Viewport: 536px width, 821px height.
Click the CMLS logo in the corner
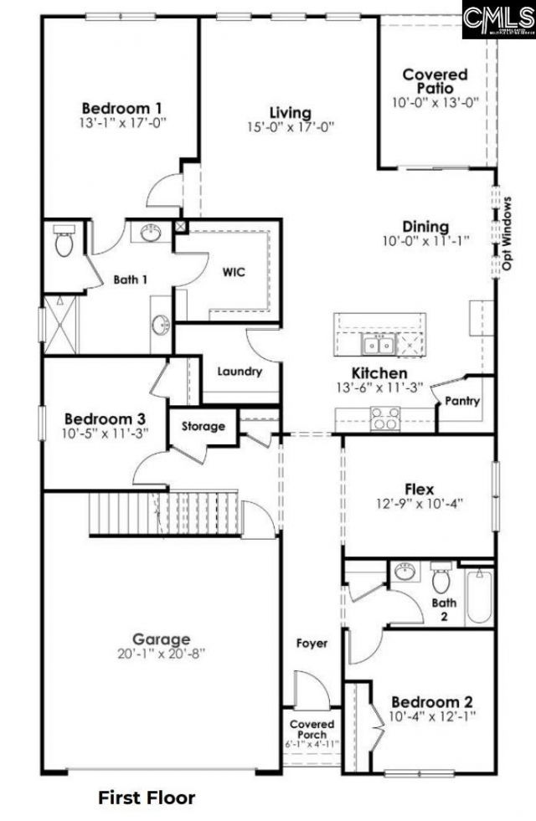point(497,19)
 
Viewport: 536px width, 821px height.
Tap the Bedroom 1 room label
point(122,108)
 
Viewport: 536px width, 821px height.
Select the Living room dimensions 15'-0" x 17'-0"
point(291,127)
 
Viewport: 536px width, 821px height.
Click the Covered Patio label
point(435,81)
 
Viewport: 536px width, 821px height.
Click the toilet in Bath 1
point(64,243)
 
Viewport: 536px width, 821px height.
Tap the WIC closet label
point(234,272)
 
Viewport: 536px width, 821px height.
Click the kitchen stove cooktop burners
point(384,418)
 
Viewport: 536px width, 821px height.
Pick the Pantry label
point(462,402)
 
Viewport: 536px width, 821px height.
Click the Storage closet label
point(204,426)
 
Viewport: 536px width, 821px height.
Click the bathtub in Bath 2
point(480,595)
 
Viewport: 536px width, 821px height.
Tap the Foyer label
point(312,644)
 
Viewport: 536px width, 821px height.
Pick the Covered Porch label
point(312,730)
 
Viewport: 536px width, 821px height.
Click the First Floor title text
point(147,798)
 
